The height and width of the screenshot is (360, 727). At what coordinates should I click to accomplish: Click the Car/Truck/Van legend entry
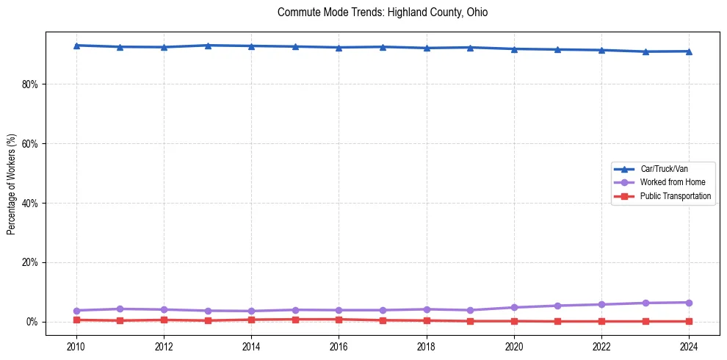click(x=663, y=169)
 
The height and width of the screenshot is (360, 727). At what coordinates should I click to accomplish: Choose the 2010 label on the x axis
click(x=76, y=346)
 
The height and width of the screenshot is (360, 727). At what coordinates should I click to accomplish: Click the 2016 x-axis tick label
click(x=339, y=346)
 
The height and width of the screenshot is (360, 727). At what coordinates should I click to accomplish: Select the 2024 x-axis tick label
click(x=689, y=346)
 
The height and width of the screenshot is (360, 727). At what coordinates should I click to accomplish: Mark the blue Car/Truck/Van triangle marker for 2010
click(x=76, y=46)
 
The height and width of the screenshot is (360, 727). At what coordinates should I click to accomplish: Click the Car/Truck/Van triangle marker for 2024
click(x=689, y=51)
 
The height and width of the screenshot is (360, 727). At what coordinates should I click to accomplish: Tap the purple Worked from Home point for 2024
click(x=689, y=303)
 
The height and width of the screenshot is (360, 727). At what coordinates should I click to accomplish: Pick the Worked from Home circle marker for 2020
click(x=514, y=307)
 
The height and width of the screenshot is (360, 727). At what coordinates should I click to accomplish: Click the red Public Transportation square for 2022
click(x=601, y=321)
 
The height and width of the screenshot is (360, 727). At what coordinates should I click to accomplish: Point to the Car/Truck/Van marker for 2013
click(x=208, y=46)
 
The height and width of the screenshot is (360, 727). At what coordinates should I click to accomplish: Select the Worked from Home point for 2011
click(x=120, y=309)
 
